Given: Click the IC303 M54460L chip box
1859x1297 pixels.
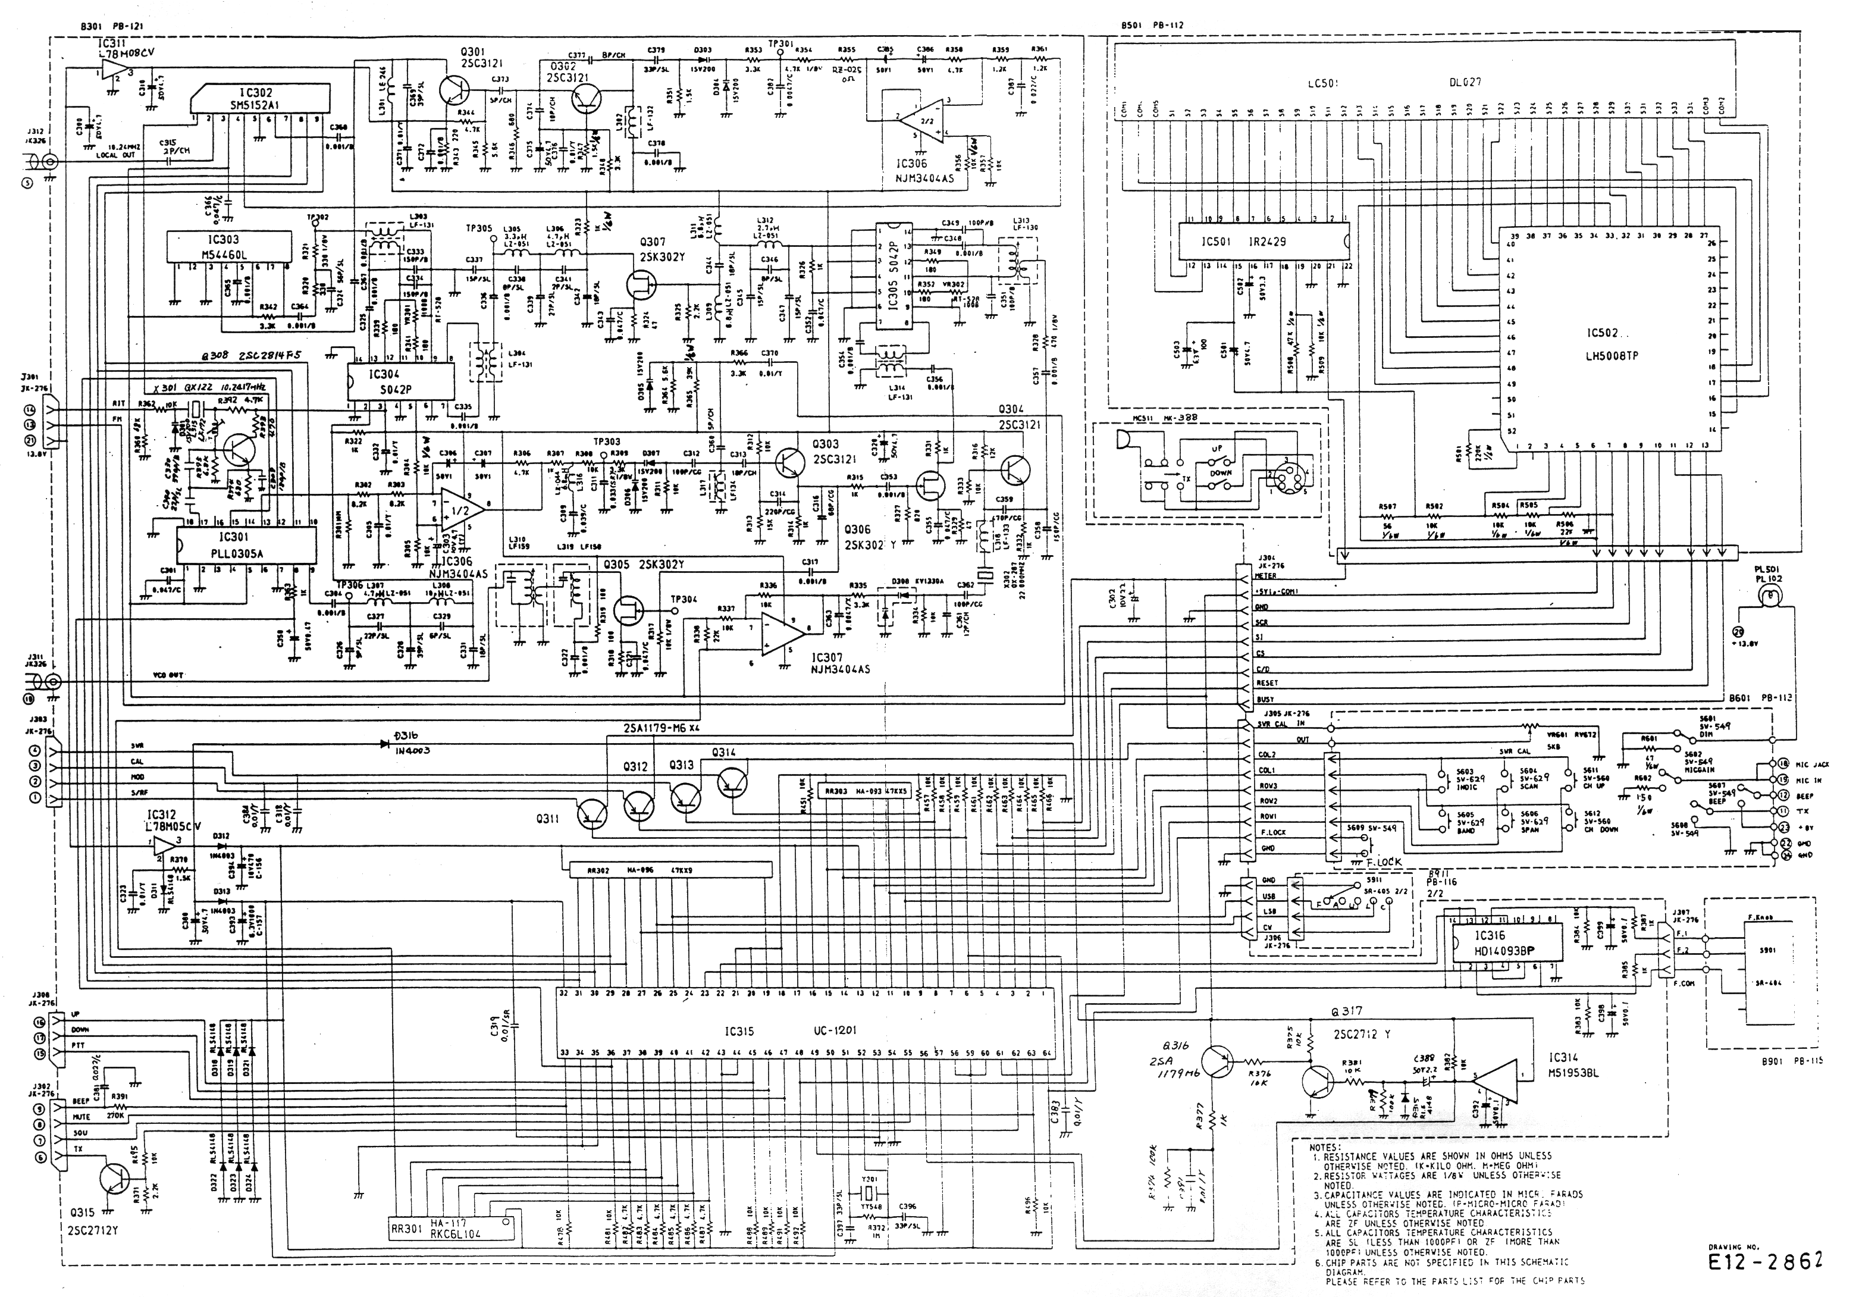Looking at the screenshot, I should [x=228, y=246].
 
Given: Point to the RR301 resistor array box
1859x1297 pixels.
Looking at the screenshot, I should [x=453, y=1230].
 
